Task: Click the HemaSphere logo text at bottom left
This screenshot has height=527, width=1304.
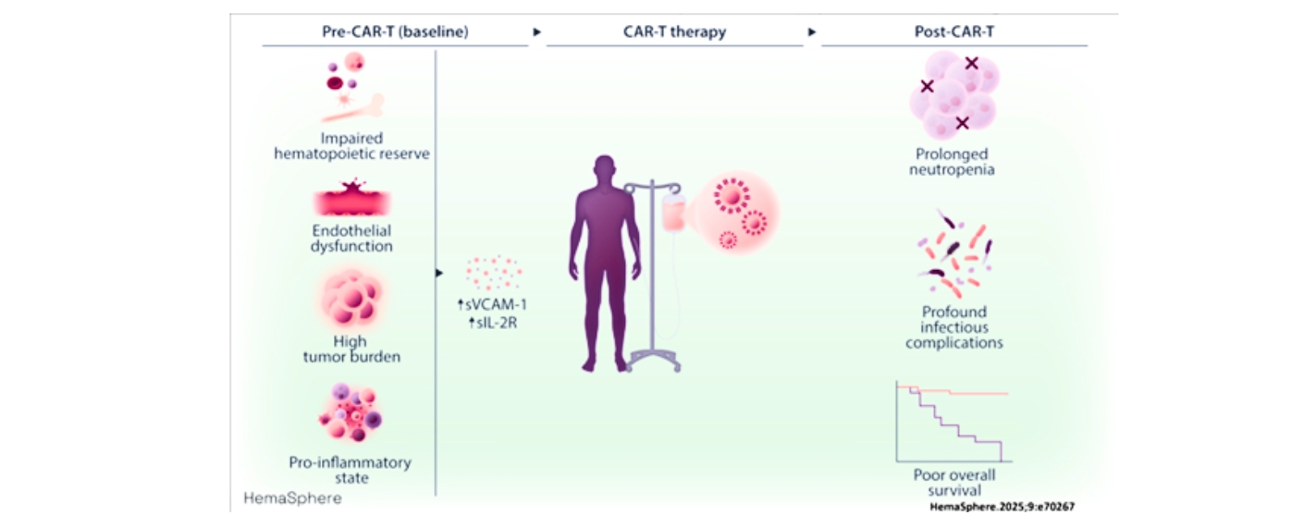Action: click(x=292, y=498)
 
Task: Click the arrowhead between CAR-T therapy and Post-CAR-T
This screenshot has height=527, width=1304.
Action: click(x=812, y=32)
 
